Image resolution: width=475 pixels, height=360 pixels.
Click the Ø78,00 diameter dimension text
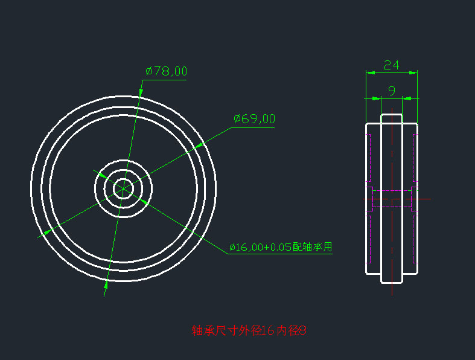tap(166, 71)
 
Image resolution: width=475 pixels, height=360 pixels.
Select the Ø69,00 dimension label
tap(254, 119)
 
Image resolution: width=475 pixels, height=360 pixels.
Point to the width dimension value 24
tap(391, 65)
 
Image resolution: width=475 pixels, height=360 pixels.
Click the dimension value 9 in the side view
tap(391, 91)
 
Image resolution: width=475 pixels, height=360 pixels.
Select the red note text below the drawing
tap(249, 330)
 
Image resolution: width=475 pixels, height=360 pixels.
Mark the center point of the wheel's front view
tap(123, 188)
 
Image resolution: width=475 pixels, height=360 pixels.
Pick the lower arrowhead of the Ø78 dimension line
tap(106, 284)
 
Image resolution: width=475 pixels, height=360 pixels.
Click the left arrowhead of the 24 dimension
tap(370, 72)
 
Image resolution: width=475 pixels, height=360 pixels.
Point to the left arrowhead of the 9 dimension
tap(377, 98)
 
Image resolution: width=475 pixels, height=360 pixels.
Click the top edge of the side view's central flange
tap(391, 114)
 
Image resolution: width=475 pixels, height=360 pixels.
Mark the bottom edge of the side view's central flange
tap(391, 282)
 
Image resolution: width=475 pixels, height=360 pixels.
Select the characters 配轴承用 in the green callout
tap(312, 247)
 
